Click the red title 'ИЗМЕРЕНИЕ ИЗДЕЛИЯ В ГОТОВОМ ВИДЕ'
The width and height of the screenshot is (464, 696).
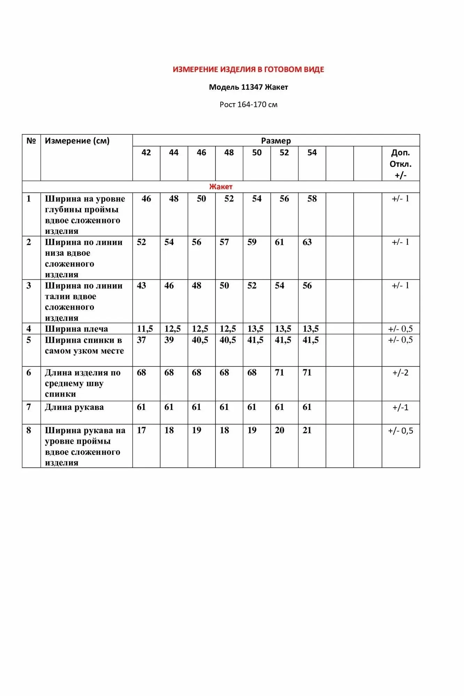tap(248, 69)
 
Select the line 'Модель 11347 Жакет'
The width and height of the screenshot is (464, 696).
tap(248, 87)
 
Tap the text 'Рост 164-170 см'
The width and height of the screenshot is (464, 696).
tap(248, 104)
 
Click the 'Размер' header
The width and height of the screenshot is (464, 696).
tap(276, 141)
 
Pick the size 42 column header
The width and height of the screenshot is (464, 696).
tap(146, 152)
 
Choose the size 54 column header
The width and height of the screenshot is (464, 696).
tap(312, 152)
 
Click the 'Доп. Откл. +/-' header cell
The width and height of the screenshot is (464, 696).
tap(400, 164)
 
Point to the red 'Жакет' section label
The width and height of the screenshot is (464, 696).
tap(221, 187)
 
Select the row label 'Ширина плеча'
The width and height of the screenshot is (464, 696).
tap(76, 329)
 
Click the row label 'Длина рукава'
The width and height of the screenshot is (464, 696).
tap(74, 407)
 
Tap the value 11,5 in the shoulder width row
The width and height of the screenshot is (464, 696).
tap(145, 329)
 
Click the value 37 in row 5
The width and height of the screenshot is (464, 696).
tap(141, 340)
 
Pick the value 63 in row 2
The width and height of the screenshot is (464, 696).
tap(307, 242)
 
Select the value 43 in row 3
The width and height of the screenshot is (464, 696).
tap(141, 285)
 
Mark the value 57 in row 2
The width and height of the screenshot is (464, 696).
tap(224, 242)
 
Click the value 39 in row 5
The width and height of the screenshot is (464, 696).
tap(169, 340)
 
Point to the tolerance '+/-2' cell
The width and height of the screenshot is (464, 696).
tap(400, 372)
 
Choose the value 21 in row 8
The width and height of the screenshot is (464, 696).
tap(307, 430)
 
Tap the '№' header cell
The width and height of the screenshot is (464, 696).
tap(31, 141)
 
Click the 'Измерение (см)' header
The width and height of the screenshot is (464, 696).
tap(77, 141)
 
